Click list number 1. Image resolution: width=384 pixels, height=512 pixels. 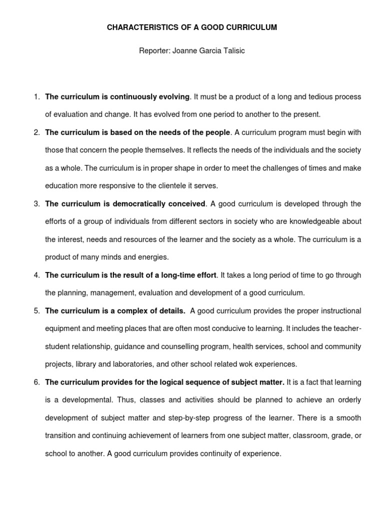[x=36, y=96]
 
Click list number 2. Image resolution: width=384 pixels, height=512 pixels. [x=36, y=132]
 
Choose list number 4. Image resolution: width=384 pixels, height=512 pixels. [x=36, y=275]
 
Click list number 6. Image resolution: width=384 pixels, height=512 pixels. [x=36, y=382]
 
